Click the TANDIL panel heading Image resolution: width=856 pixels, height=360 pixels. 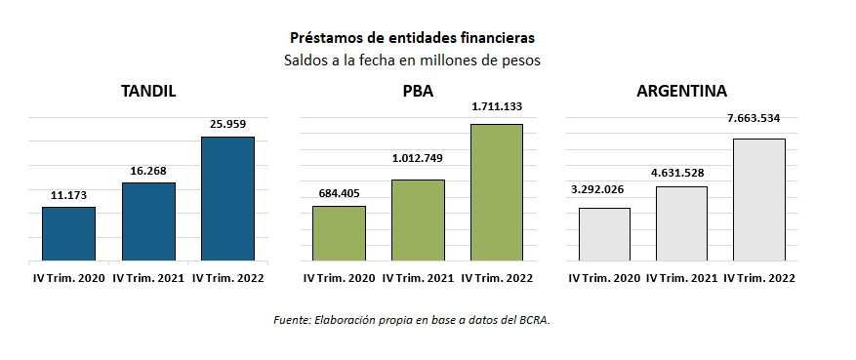[147, 92]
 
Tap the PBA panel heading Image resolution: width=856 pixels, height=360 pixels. [418, 92]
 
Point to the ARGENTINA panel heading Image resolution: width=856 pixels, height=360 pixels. [681, 92]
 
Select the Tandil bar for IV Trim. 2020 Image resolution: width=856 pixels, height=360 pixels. [68, 234]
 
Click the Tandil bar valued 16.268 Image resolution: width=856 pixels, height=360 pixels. [148, 221]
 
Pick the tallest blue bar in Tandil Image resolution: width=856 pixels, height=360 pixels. [227, 199]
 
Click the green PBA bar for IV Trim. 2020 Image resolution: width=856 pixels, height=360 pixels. [339, 233]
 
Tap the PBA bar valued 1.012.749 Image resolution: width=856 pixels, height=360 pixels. [418, 220]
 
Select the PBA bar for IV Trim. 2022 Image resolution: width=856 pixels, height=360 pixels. [497, 193]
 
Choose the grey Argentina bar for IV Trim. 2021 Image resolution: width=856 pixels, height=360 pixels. [681, 223]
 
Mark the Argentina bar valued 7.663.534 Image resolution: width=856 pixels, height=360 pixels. [758, 200]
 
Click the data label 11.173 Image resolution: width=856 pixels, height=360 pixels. [68, 195]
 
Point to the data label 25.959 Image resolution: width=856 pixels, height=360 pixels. [227, 124]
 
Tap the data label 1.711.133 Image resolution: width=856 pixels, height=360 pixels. [497, 106]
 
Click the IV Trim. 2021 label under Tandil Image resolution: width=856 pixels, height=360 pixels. [148, 278]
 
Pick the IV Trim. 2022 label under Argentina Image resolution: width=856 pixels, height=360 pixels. [759, 278]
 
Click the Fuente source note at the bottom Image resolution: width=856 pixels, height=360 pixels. [412, 319]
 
